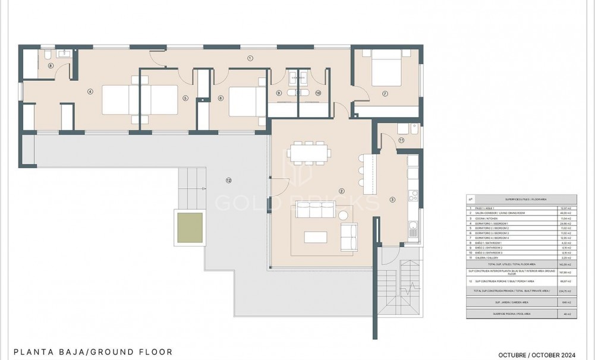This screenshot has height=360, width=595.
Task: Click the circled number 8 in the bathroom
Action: [x=51, y=66]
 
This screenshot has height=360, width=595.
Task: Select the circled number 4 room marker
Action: [x=90, y=91]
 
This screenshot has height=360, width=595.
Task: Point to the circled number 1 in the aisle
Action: [x=250, y=58]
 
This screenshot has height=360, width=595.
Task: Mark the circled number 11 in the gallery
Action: [x=401, y=140]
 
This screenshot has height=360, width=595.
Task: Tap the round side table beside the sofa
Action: [x=343, y=214]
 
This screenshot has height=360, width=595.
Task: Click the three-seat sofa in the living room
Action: [x=315, y=210]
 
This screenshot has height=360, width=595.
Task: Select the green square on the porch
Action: [x=189, y=227]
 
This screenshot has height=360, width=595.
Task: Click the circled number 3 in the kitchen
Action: [x=392, y=200]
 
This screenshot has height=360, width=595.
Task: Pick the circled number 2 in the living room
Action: [x=341, y=191]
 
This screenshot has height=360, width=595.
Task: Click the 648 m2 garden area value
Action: [x=566, y=302]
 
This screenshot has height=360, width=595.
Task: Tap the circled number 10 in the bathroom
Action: [x=318, y=93]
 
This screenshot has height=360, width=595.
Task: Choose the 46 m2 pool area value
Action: [x=566, y=314]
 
